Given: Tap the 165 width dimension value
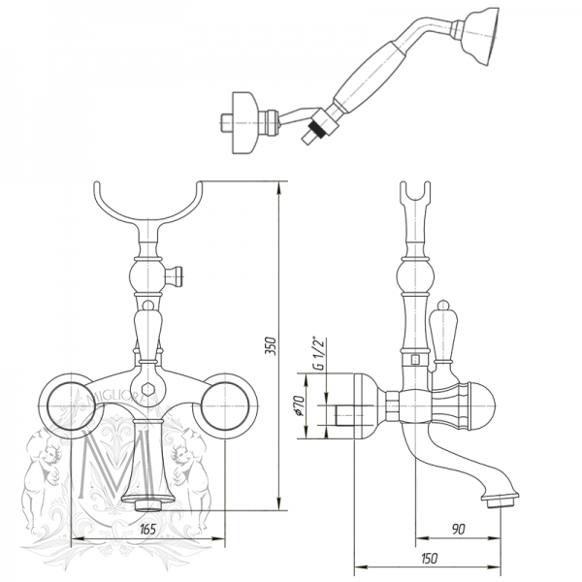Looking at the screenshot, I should (148, 529).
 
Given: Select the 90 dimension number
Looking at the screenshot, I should (460, 529).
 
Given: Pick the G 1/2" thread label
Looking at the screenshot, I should (314, 356).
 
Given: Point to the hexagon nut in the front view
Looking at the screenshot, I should (148, 391).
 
